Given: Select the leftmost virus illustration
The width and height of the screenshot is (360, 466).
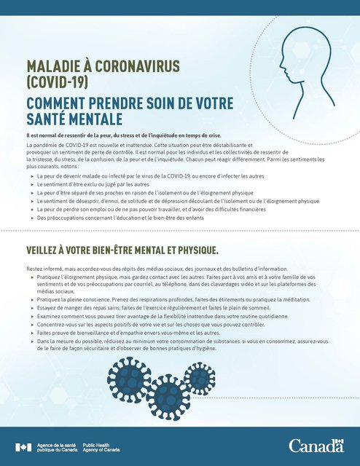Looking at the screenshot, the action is (119, 371).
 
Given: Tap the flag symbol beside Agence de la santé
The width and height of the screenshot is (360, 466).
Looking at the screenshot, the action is (22, 446).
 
